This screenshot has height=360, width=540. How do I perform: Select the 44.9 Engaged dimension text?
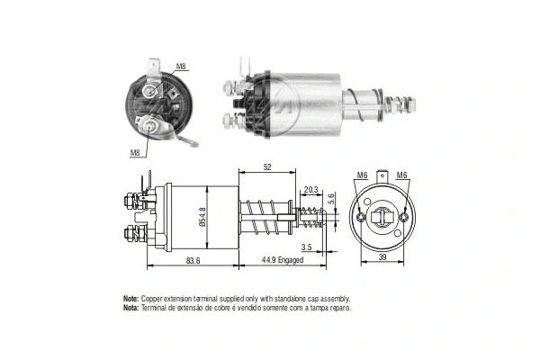click(277, 260)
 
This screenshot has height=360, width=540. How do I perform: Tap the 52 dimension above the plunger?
click(268, 168)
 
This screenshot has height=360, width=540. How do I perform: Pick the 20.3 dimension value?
click(310, 190)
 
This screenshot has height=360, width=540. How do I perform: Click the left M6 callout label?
click(362, 175)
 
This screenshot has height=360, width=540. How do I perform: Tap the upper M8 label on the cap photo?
click(181, 67)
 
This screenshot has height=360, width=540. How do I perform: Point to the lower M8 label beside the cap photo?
click(135, 153)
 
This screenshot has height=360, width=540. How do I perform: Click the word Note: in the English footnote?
click(130, 298)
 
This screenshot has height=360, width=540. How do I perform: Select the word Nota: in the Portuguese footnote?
click(130, 308)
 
